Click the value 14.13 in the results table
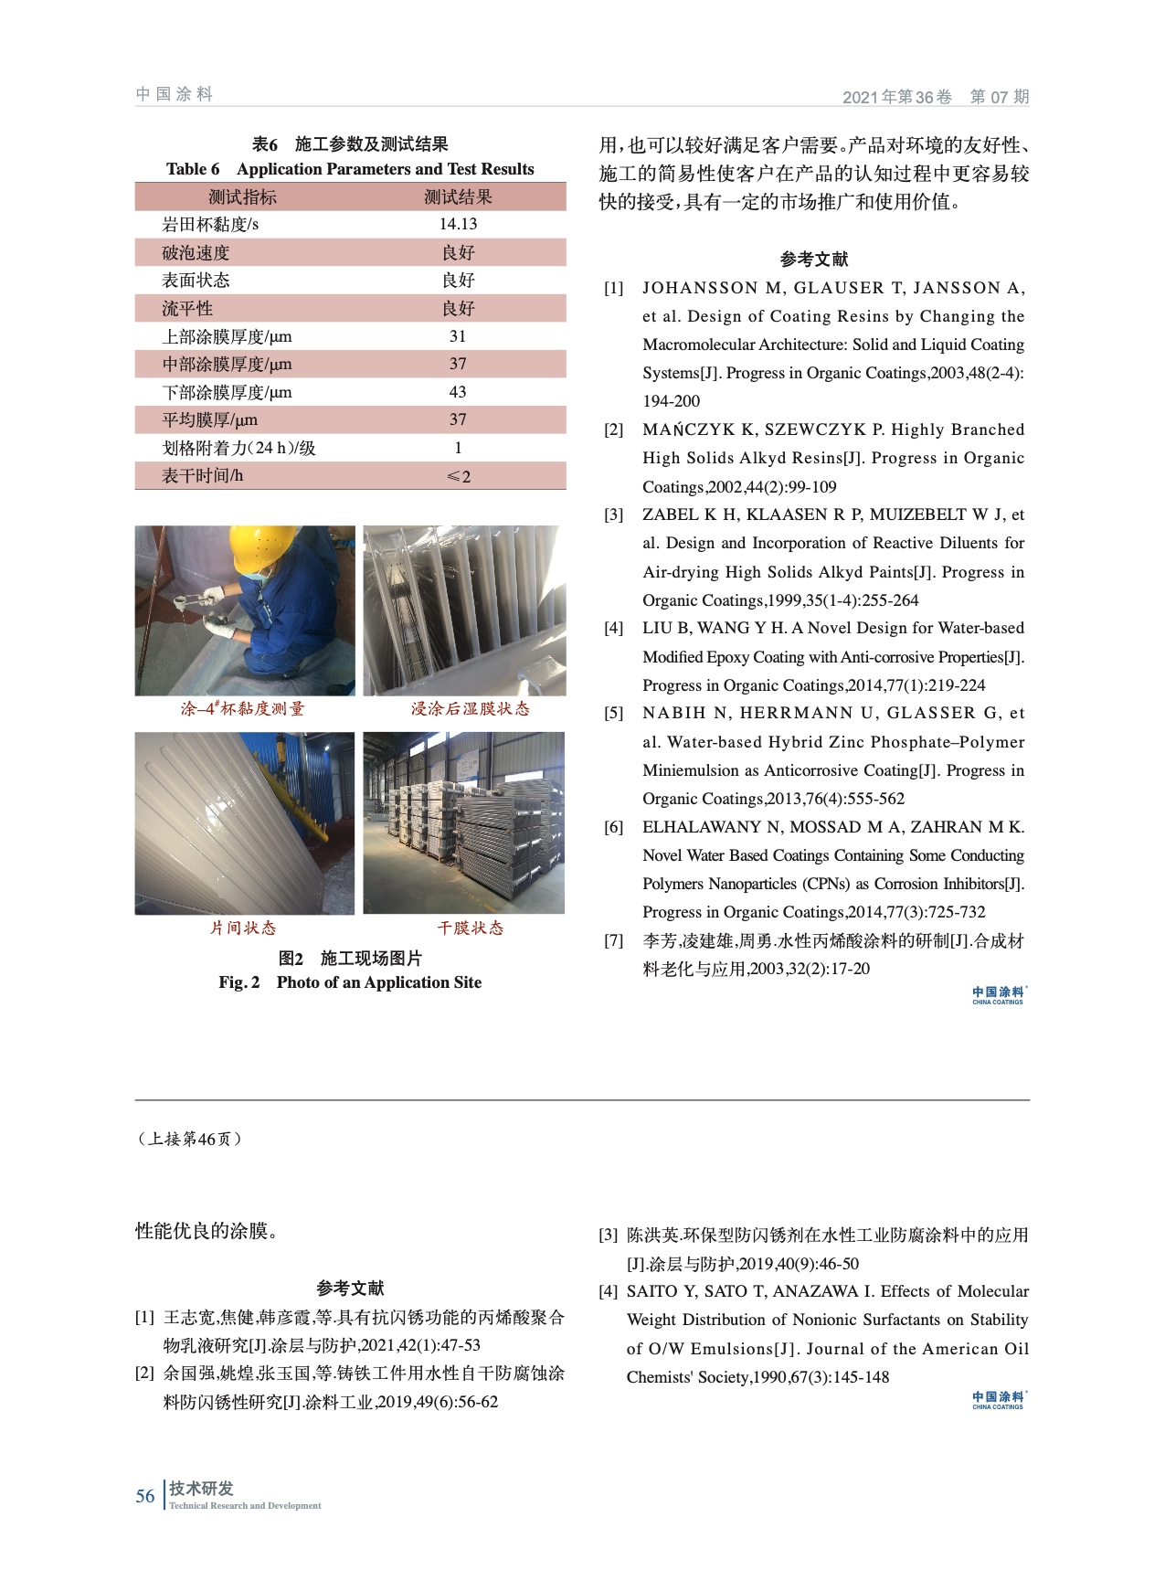pos(458,225)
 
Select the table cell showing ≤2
pos(458,476)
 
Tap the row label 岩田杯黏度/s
pos(210,225)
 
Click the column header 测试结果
pos(458,197)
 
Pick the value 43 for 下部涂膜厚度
pos(458,392)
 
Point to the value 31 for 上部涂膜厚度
pos(458,336)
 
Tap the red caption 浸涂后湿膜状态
pos(470,709)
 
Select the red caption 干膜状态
pos(470,928)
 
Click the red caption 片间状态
pos(243,928)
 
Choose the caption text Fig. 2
pos(239,982)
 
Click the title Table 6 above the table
pos(193,169)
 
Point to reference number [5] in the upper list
pos(613,714)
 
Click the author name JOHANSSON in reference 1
pos(701,289)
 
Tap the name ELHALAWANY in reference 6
pos(700,828)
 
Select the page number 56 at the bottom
pos(145,1496)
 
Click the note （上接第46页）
pos(189,1140)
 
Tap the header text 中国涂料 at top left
pos(175,94)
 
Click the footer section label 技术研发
pos(201,1489)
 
